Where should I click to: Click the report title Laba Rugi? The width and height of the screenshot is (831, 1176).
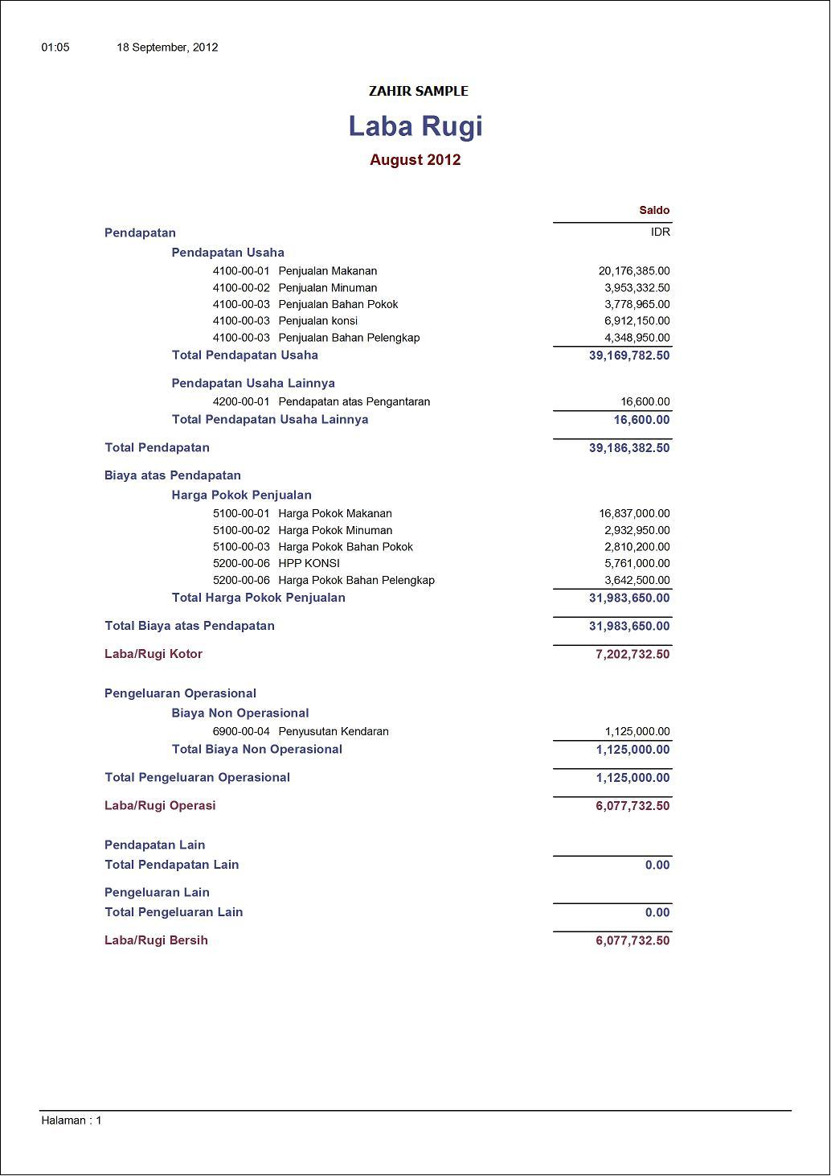(415, 126)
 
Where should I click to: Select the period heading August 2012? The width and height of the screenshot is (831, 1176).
(415, 160)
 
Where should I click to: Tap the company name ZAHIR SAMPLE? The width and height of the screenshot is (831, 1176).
(418, 92)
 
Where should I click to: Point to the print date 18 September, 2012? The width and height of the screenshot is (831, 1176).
(167, 47)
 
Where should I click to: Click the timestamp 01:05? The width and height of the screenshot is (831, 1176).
(55, 47)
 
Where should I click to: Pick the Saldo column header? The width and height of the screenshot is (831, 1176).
(654, 211)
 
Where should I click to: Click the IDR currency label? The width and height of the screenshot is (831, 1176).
(661, 232)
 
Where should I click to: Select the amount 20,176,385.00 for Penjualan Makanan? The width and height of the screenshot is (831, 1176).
(634, 271)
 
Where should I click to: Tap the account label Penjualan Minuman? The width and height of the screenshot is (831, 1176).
(327, 288)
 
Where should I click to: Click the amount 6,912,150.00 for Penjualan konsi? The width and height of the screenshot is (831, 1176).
(637, 321)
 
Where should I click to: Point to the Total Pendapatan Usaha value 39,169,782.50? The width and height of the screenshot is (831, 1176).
(629, 356)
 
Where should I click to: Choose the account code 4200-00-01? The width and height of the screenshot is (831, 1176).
(241, 401)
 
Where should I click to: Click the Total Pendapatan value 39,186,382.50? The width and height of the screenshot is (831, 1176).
(629, 448)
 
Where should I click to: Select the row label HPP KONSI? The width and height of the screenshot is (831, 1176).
(309, 563)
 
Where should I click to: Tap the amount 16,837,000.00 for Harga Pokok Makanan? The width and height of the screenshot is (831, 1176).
(634, 513)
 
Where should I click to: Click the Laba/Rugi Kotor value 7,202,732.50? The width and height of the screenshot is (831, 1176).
(632, 654)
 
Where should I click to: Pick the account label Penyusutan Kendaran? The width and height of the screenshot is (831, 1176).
(334, 732)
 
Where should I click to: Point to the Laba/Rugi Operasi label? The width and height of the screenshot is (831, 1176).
(160, 806)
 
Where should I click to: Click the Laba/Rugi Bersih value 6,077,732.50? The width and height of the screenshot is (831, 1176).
(632, 940)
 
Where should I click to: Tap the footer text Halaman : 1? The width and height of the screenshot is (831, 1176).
(72, 1120)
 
